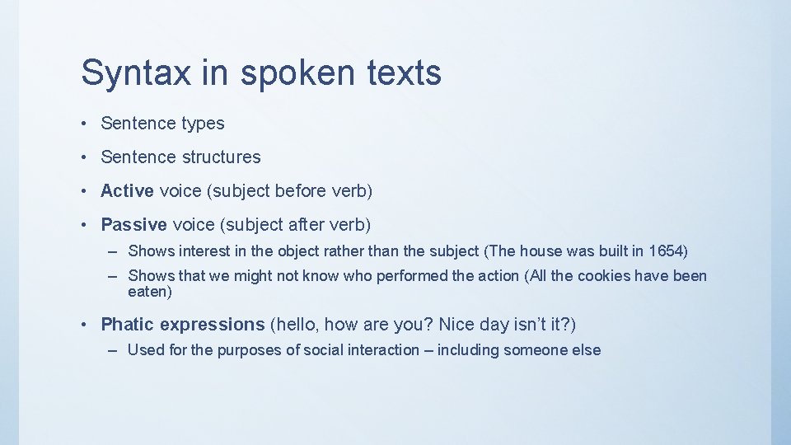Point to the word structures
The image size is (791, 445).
(216, 157)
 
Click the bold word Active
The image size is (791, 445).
(127, 191)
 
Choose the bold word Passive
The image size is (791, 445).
(133, 224)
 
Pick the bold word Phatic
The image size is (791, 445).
(127, 324)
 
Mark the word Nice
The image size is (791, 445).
(457, 324)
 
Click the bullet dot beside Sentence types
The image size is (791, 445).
(87, 124)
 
